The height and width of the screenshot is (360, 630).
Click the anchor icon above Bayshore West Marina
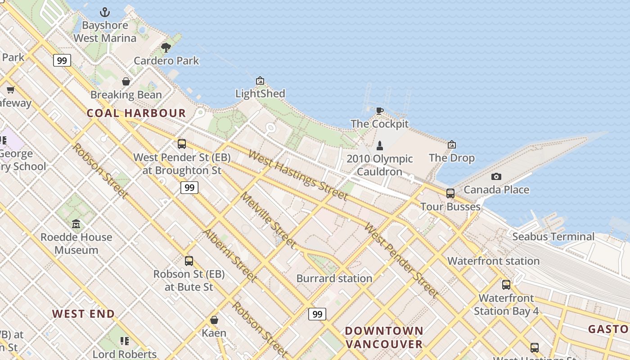(x=105, y=12)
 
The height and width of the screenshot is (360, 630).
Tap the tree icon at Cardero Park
(x=166, y=47)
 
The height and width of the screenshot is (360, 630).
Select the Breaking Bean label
(x=126, y=94)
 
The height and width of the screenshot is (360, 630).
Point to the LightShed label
(x=260, y=94)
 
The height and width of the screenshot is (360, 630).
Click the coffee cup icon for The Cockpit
(x=379, y=111)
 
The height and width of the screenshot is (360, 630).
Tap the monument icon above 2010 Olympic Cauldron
(x=379, y=145)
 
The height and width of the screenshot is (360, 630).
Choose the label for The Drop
(x=451, y=158)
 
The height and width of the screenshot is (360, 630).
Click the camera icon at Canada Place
(x=496, y=176)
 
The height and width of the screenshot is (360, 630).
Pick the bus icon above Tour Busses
(x=450, y=193)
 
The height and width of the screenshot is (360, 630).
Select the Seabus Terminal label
(x=553, y=237)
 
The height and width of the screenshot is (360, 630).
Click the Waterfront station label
(x=493, y=261)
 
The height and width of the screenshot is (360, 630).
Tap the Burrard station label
(x=334, y=279)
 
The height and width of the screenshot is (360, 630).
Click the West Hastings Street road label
(x=297, y=175)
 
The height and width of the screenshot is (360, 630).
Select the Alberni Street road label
(x=229, y=256)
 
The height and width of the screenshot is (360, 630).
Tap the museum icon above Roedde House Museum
(x=76, y=224)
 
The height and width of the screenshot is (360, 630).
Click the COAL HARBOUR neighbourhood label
(x=136, y=113)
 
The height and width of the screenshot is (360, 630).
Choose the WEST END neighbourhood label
(x=83, y=314)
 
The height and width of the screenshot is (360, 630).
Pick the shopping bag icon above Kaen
(x=214, y=320)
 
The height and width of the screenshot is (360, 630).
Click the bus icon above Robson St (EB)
(x=189, y=261)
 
